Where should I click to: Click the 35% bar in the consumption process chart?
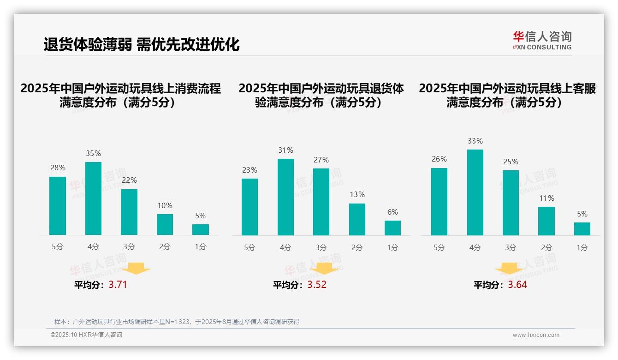pos(93,198)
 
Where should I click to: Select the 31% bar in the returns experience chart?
pos(285,197)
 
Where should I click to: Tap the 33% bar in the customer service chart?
pos(475,192)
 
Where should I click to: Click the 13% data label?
pos(357,195)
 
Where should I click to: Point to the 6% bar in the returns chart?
pos(392,228)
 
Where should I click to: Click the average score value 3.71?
pos(118,285)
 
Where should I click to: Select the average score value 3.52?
pos(317,285)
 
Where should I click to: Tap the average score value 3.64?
pos(517,285)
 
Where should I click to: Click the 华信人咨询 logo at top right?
pos(542,40)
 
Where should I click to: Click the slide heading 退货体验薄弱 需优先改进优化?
pos(142,44)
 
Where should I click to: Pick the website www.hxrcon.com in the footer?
pos(536,335)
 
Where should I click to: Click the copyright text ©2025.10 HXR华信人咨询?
pos(86,335)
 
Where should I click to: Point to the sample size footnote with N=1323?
pos(177,322)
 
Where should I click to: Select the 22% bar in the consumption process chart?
pos(129,212)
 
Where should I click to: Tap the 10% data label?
pos(165,205)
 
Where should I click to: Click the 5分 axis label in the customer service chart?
pos(439,247)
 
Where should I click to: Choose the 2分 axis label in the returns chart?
pos(357,247)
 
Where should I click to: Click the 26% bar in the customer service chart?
pos(439,202)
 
